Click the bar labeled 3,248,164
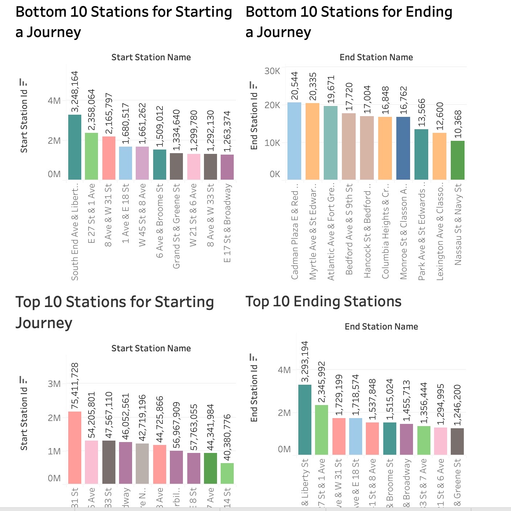75,147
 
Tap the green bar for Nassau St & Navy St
457,160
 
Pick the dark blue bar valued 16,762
403,148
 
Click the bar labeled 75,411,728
75,447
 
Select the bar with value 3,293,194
305,420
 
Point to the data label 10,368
458,124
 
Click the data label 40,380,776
227,437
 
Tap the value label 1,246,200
457,405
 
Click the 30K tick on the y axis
272,71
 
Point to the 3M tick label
54,384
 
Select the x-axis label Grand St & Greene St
176,226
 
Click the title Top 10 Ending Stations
323,302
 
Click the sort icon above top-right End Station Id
253,85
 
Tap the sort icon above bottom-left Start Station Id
23,380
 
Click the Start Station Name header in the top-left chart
151,57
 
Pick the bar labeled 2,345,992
322,430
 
